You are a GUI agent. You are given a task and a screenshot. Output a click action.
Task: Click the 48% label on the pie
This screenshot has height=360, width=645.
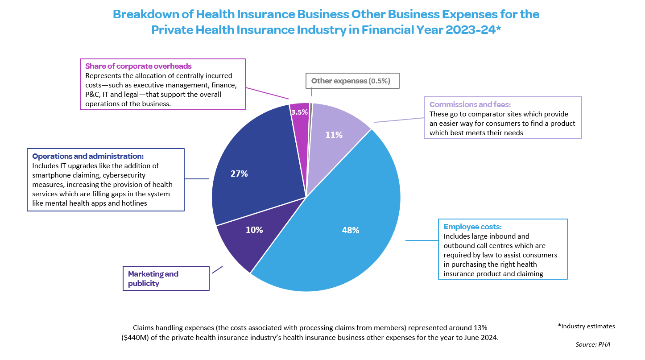[x=351, y=230]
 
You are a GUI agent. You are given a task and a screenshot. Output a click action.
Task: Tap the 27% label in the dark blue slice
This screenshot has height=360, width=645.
[x=239, y=174]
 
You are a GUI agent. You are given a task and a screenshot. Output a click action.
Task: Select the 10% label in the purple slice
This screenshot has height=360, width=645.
[x=254, y=230]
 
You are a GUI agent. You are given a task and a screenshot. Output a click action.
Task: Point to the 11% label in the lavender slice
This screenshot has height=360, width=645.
[x=334, y=134]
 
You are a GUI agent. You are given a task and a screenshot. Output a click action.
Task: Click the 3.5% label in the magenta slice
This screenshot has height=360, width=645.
[x=299, y=112]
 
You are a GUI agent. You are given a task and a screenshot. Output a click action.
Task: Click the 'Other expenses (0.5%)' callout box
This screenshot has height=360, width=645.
[x=351, y=81]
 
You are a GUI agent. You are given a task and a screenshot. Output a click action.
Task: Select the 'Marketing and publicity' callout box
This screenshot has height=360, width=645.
[x=166, y=278]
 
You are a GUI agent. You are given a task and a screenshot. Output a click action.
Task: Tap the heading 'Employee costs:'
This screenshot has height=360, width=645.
[x=472, y=227]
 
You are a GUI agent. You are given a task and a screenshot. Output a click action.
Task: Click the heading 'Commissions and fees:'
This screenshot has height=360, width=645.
[x=470, y=104]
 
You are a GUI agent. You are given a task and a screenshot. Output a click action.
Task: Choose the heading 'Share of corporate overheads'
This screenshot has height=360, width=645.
[x=138, y=66]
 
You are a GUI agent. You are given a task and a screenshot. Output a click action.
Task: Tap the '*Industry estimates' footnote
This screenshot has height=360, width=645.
[x=586, y=326]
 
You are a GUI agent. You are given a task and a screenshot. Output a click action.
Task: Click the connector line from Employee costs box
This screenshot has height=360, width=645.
[x=422, y=240]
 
